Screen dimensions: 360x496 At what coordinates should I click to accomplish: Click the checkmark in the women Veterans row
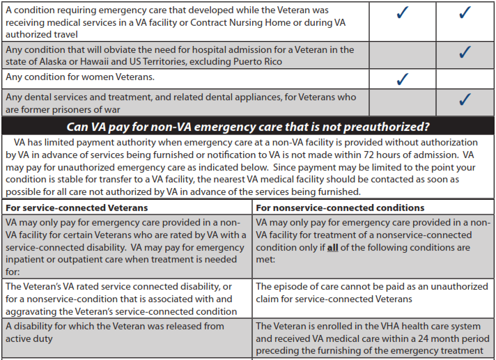[x=401, y=79]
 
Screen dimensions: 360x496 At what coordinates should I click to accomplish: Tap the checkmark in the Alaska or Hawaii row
[x=465, y=52]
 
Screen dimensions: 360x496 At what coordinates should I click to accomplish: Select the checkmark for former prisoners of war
[x=465, y=100]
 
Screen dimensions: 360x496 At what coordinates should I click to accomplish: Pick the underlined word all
[x=332, y=248]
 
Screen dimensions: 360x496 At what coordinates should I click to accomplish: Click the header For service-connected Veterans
[x=77, y=208]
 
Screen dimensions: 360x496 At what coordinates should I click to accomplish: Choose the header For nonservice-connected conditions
[x=340, y=208]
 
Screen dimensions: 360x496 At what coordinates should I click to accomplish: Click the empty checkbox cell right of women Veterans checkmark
[x=465, y=79]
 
